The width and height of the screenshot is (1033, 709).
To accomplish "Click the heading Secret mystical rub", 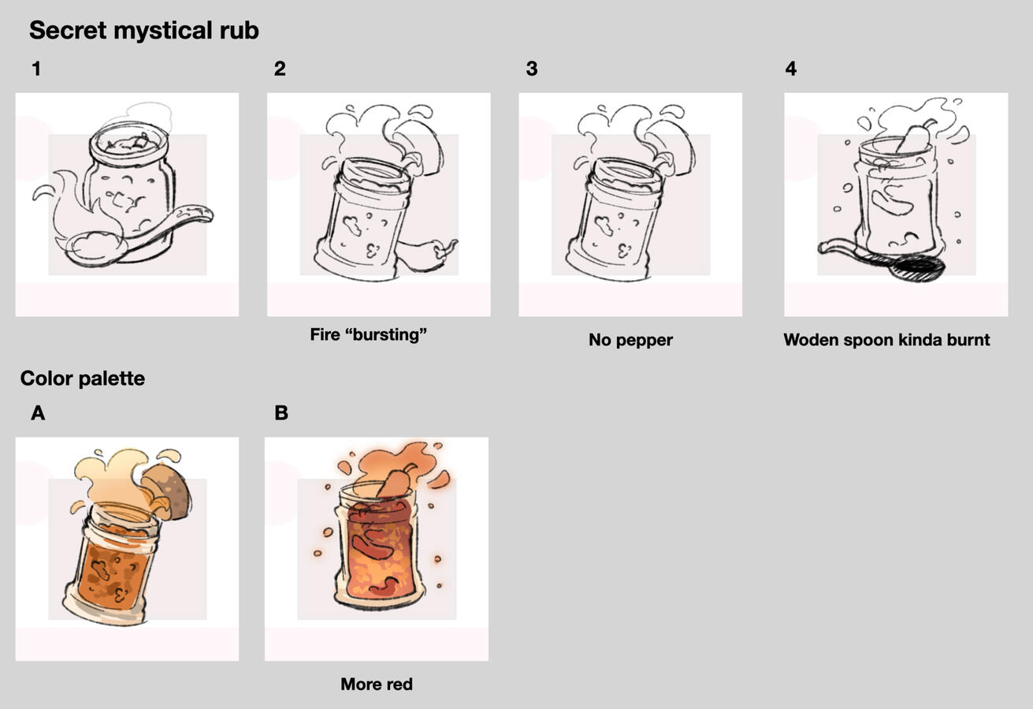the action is pos(144,31).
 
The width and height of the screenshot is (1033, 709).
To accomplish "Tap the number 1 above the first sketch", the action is pos(36,69).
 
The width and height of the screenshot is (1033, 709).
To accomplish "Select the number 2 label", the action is pos(280,69).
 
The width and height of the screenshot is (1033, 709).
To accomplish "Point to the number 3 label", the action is pos(532,69).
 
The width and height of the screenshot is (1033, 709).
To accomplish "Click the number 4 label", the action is pos(791,69).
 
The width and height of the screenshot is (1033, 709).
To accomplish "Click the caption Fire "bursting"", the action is pos(369,334).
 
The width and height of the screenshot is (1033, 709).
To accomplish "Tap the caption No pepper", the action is pos(630,340).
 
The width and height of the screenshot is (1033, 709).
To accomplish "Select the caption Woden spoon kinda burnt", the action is pos(886,340).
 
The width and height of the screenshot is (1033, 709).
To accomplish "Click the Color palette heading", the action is pos(83,379).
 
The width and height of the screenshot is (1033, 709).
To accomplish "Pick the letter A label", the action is pos(38,413).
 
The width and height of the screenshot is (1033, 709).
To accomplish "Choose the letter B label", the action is pos(281,413).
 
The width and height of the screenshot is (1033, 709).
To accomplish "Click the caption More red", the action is pos(377,684).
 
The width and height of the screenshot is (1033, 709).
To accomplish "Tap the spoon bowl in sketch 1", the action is pos(95,248).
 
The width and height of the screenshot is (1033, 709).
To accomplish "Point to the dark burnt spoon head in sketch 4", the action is pos(917,269).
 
